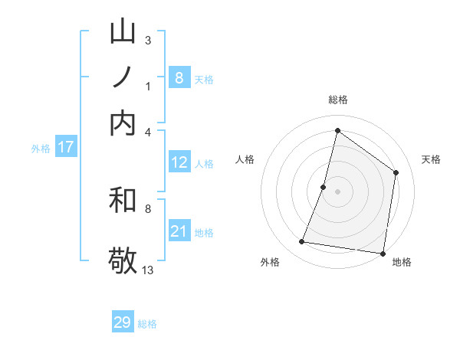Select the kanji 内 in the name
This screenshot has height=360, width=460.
pos(123,122)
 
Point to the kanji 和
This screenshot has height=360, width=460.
pos(123,201)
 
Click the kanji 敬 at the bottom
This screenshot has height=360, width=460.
pos(123,259)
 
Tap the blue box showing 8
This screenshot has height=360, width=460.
pos(179,77)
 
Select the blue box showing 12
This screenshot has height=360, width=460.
pos(179,162)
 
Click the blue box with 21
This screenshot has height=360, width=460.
pos(179,231)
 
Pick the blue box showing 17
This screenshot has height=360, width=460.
pos(65,147)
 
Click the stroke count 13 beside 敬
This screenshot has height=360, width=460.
pos(148,270)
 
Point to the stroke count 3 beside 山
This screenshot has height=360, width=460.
pos(147,40)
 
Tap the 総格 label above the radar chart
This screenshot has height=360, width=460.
pos(337,100)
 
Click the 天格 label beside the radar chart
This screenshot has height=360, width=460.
pos(431,159)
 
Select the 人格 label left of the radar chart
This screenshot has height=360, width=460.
pos(245,159)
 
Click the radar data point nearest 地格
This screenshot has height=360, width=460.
pos(383,253)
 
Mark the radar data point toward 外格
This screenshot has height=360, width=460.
pos(301,242)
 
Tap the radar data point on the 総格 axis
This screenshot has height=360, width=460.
pos(337,131)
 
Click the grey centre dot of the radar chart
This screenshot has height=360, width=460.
pos(337,191)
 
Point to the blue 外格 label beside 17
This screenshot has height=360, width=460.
pos(40,149)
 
